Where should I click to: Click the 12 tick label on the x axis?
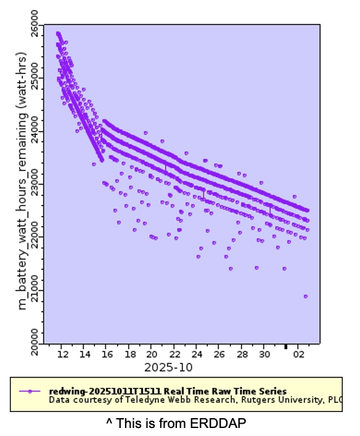coord(62,355)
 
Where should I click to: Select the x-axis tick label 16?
coord(107,355)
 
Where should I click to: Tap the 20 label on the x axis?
coord(152,355)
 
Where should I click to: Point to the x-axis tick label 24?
coord(197,355)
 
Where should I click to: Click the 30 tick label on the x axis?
coord(264,355)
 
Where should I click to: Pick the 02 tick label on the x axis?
coord(298,355)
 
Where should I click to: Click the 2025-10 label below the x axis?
coord(168,367)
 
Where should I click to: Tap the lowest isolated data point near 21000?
coord(305,296)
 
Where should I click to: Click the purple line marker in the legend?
coord(30,391)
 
